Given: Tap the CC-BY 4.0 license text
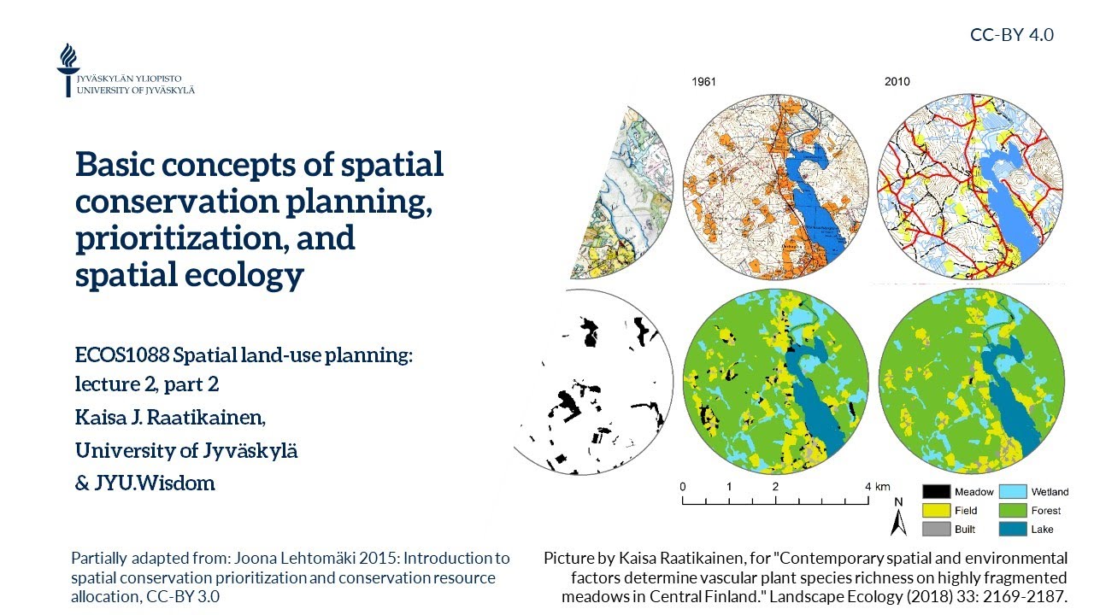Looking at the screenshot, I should tap(1011, 35).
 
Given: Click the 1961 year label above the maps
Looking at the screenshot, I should tap(703, 82).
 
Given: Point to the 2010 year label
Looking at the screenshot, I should tap(897, 82).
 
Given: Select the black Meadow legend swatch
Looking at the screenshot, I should tap(936, 492).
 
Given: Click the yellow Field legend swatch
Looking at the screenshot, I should tap(936, 511).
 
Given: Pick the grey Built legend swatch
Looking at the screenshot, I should tap(936, 530).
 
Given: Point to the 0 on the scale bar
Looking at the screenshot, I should tap(683, 487).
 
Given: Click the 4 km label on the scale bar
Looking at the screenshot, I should tap(877, 487).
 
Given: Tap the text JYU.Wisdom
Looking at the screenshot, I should tap(154, 483).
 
